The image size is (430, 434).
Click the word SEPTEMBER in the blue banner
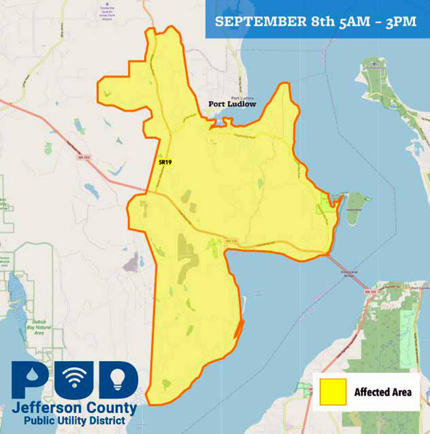pyautogui.click(x=260, y=21)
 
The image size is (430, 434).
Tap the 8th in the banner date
pyautogui.click(x=323, y=21)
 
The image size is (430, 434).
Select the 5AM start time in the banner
pyautogui.click(x=354, y=22)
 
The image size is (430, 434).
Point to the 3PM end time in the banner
pyautogui.click(x=401, y=22)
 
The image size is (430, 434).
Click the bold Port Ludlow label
pyautogui.click(x=232, y=104)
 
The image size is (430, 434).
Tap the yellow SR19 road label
pyautogui.click(x=165, y=162)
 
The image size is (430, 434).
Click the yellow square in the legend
pyautogui.click(x=333, y=392)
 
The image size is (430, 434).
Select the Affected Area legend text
pyautogui.click(x=383, y=392)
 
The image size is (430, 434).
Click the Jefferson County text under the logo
pyautogui.click(x=74, y=408)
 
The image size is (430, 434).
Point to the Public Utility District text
pyautogui.click(x=74, y=421)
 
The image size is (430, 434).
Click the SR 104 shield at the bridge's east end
pyautogui.click(x=370, y=292)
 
